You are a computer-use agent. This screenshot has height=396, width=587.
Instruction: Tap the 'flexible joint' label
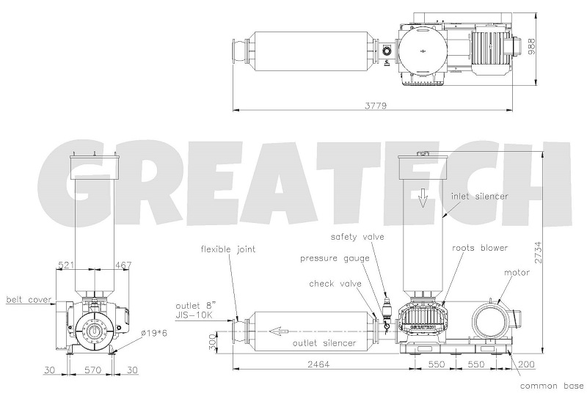coord(228,249)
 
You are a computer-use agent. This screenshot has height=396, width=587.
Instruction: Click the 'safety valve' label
coord(356,238)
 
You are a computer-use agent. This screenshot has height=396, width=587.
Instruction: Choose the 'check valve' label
coord(333,283)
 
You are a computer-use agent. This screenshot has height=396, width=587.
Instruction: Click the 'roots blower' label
coord(479,248)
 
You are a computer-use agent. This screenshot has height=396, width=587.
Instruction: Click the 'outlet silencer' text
coord(324,342)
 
